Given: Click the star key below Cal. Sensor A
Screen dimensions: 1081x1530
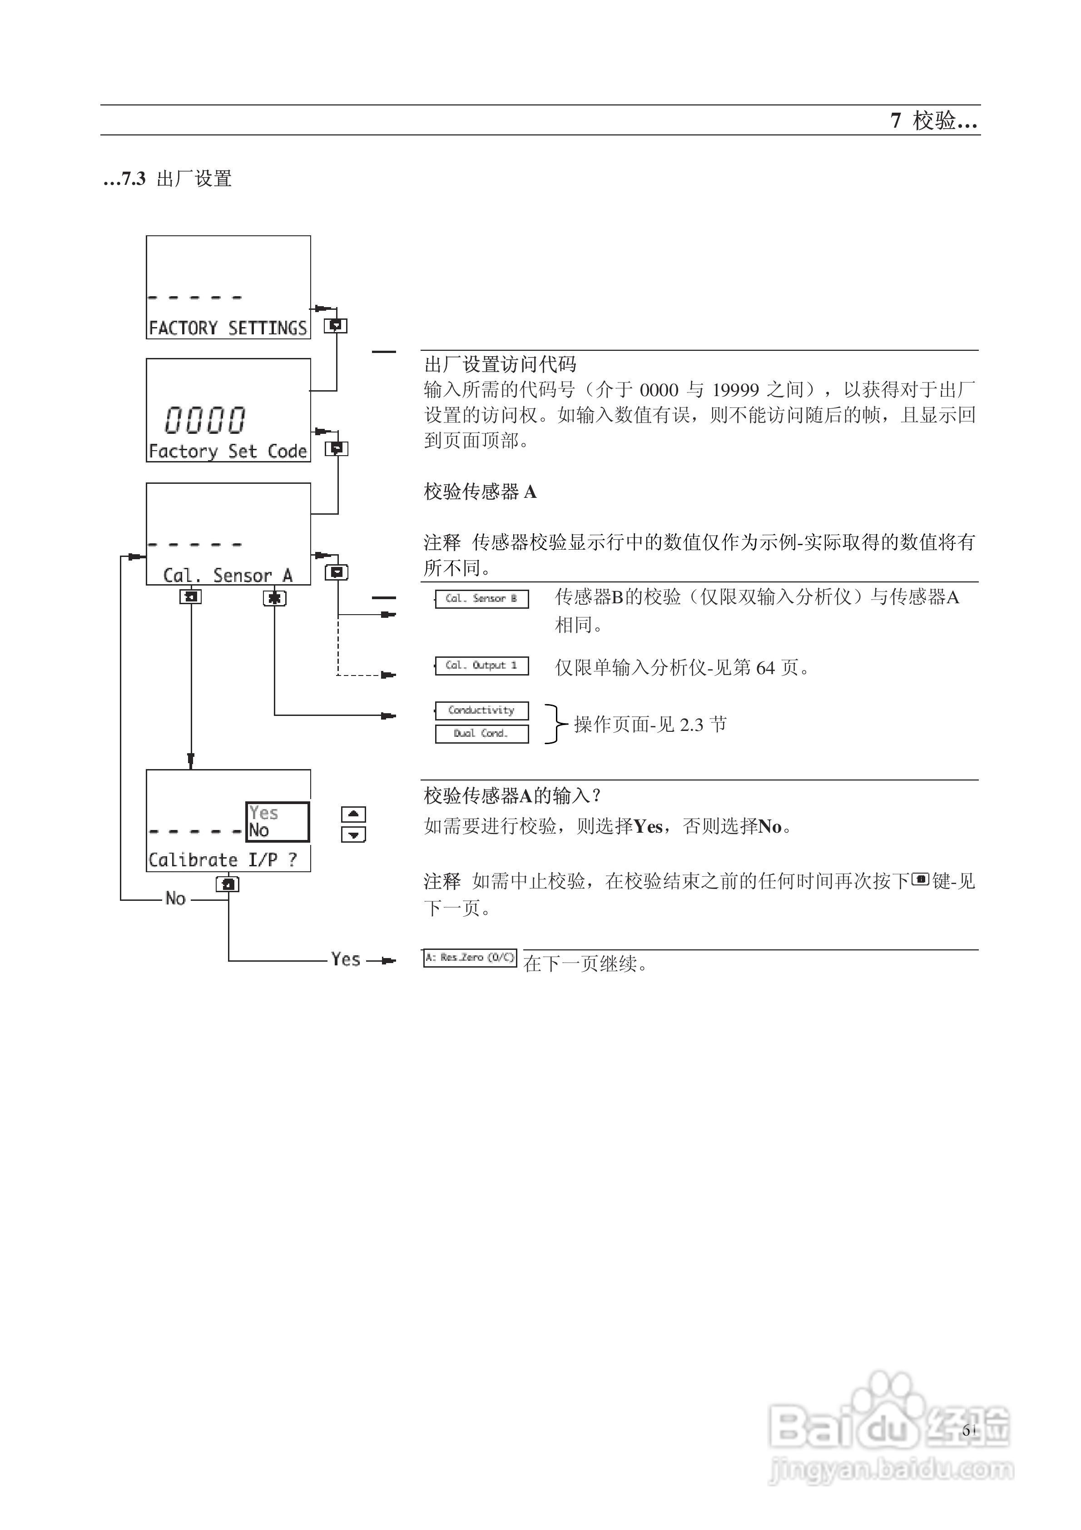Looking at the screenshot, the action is pos(274,598).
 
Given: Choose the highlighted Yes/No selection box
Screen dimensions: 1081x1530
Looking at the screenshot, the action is pos(277,822).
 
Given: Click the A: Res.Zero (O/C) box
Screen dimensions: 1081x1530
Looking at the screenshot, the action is pos(470,958).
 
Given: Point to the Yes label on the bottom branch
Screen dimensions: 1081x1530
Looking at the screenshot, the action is pos(345,959).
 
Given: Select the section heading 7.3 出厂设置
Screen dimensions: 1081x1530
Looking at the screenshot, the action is pos(168,179).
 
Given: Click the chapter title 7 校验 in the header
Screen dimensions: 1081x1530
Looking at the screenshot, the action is pos(933,121).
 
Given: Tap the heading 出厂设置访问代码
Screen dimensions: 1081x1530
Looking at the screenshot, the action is pos(500,364).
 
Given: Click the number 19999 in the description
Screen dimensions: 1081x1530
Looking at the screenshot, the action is pos(735,390).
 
